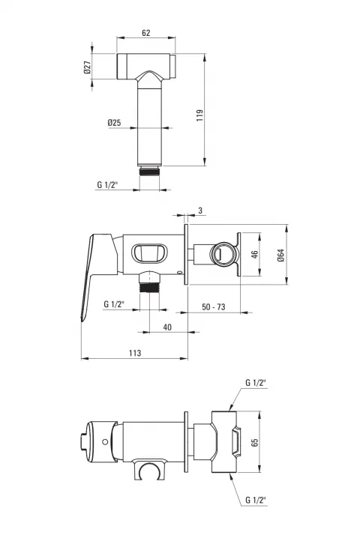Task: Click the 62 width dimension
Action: (x=146, y=33)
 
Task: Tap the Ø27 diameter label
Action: (x=87, y=67)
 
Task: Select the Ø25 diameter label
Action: (x=114, y=122)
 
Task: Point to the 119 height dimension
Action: (x=200, y=115)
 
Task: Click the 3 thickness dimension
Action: (x=200, y=211)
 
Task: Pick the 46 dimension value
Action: (x=254, y=254)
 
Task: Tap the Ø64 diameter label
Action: (x=281, y=256)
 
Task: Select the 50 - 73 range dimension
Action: (x=214, y=306)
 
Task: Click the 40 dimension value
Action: (x=167, y=327)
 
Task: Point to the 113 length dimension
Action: (x=135, y=353)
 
